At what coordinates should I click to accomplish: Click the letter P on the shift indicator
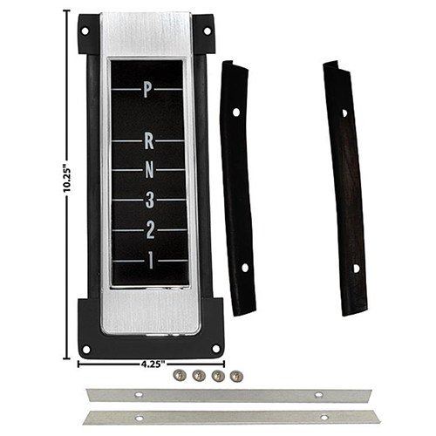148,88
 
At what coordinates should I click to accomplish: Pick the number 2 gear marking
149,230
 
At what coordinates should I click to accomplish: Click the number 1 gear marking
149,259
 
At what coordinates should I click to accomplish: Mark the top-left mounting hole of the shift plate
86,31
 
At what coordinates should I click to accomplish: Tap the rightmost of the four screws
235,376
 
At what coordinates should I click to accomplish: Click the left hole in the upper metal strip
140,395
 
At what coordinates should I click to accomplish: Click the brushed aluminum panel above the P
149,35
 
